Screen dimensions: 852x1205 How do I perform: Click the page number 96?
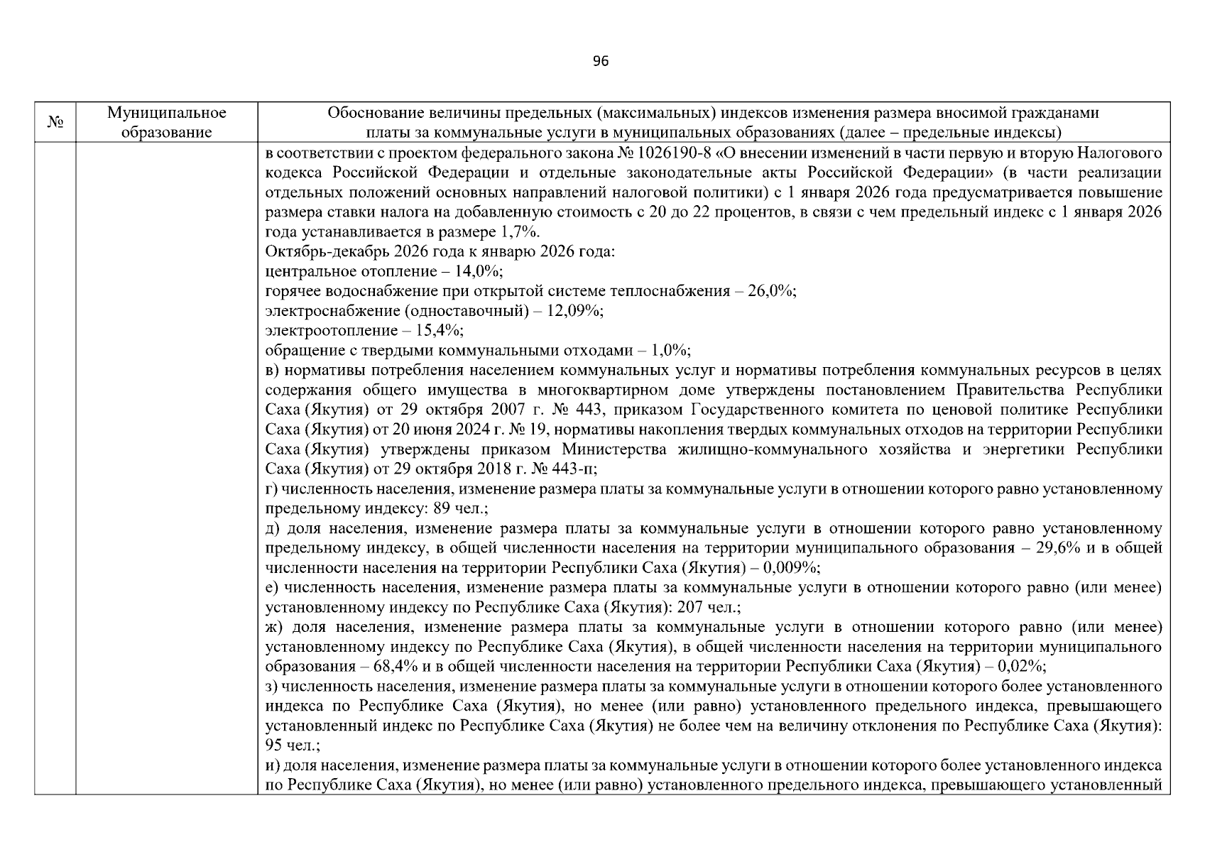(x=600, y=62)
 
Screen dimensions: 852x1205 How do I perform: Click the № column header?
(x=55, y=122)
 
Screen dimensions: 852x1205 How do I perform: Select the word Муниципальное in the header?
(x=166, y=113)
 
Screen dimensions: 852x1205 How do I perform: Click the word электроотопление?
(x=331, y=331)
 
